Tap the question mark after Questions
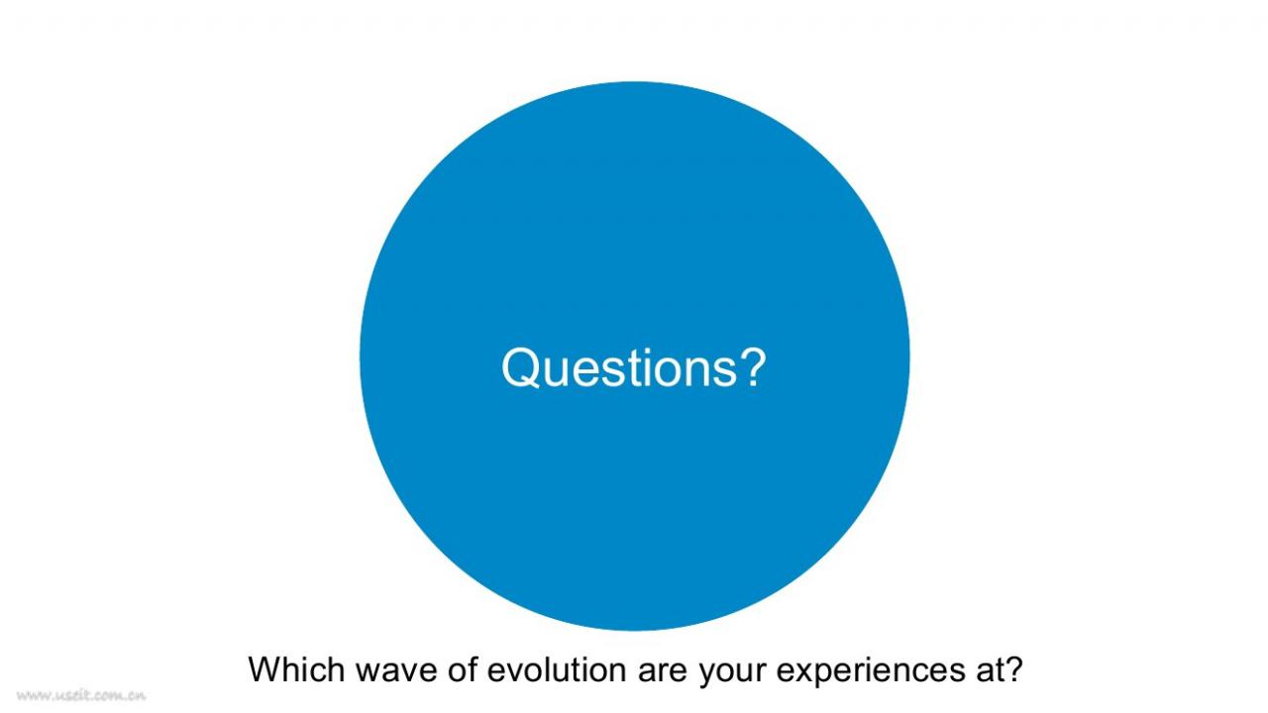pos(754,366)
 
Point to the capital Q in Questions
pos(520,368)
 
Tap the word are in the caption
pos(663,671)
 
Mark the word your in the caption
pos(731,674)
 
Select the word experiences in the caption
pos(867,671)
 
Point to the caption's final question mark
pos(1009,668)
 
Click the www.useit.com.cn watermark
pos(81,695)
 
